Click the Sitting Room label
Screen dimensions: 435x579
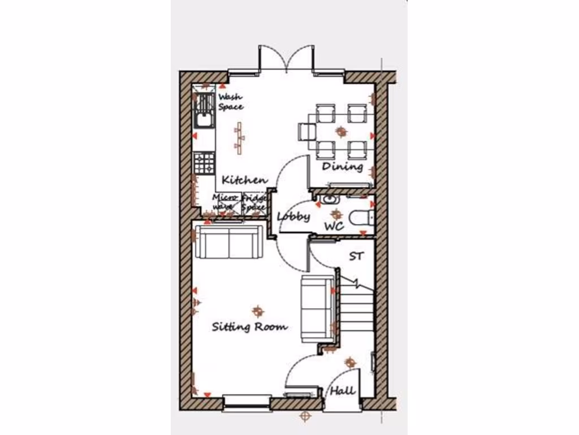[x=249, y=327]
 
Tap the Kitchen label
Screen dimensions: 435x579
[x=244, y=180]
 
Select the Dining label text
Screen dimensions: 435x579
[x=342, y=167]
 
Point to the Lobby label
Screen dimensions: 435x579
[x=293, y=216]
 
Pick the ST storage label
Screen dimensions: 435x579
[x=356, y=257]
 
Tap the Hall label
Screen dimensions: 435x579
[x=343, y=390]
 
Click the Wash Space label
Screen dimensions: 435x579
[x=231, y=102]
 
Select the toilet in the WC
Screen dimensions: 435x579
[x=361, y=217]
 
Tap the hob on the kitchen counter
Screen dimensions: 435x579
[x=204, y=163]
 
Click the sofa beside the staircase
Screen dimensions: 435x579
[x=317, y=309]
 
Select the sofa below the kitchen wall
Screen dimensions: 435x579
[x=228, y=242]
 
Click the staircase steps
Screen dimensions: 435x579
[x=357, y=309]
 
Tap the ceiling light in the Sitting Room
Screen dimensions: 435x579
[x=258, y=310]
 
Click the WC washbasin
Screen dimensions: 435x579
[x=329, y=199]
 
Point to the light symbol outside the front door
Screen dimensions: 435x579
[x=305, y=417]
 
